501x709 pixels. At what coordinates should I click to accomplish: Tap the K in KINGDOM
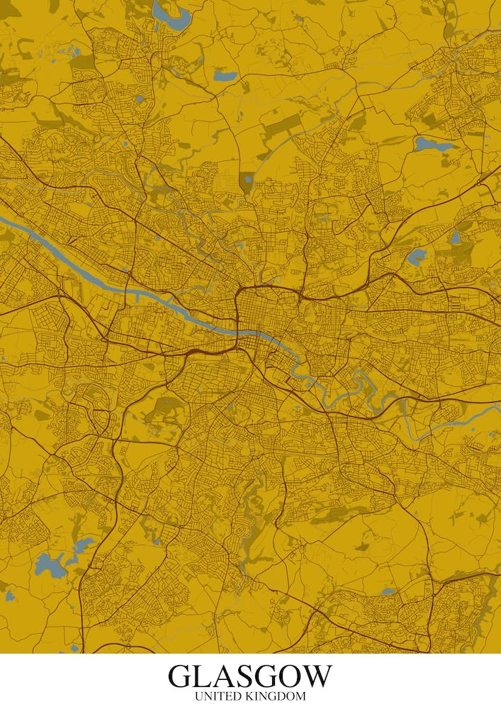252,697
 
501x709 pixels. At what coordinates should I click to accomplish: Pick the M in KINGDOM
301,697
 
